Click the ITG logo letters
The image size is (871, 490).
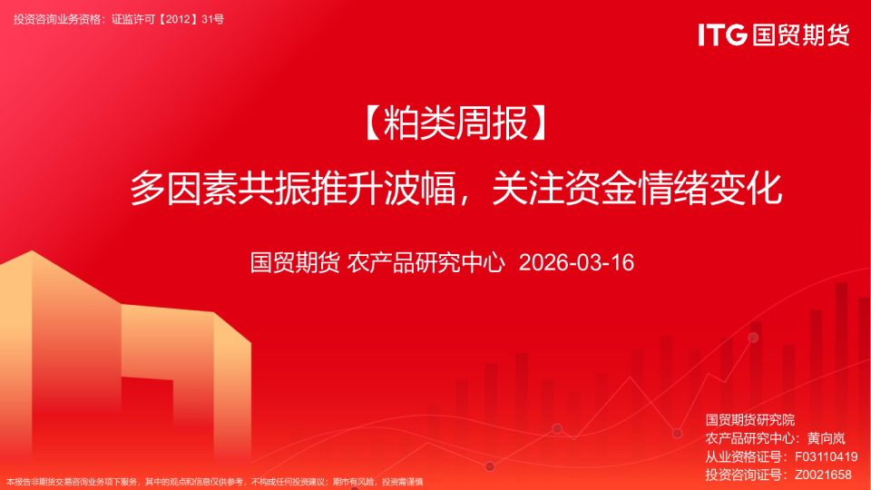pos(722,34)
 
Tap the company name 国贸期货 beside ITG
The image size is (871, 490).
pos(799,34)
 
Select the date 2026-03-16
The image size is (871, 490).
pos(575,263)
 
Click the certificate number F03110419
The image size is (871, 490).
pos(826,456)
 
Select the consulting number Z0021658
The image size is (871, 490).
pos(824,475)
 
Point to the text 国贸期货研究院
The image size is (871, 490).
pos(749,420)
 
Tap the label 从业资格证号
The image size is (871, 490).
pos(742,456)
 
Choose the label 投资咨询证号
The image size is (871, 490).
pos(742,475)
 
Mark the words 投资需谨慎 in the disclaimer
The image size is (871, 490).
pos(403,482)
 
